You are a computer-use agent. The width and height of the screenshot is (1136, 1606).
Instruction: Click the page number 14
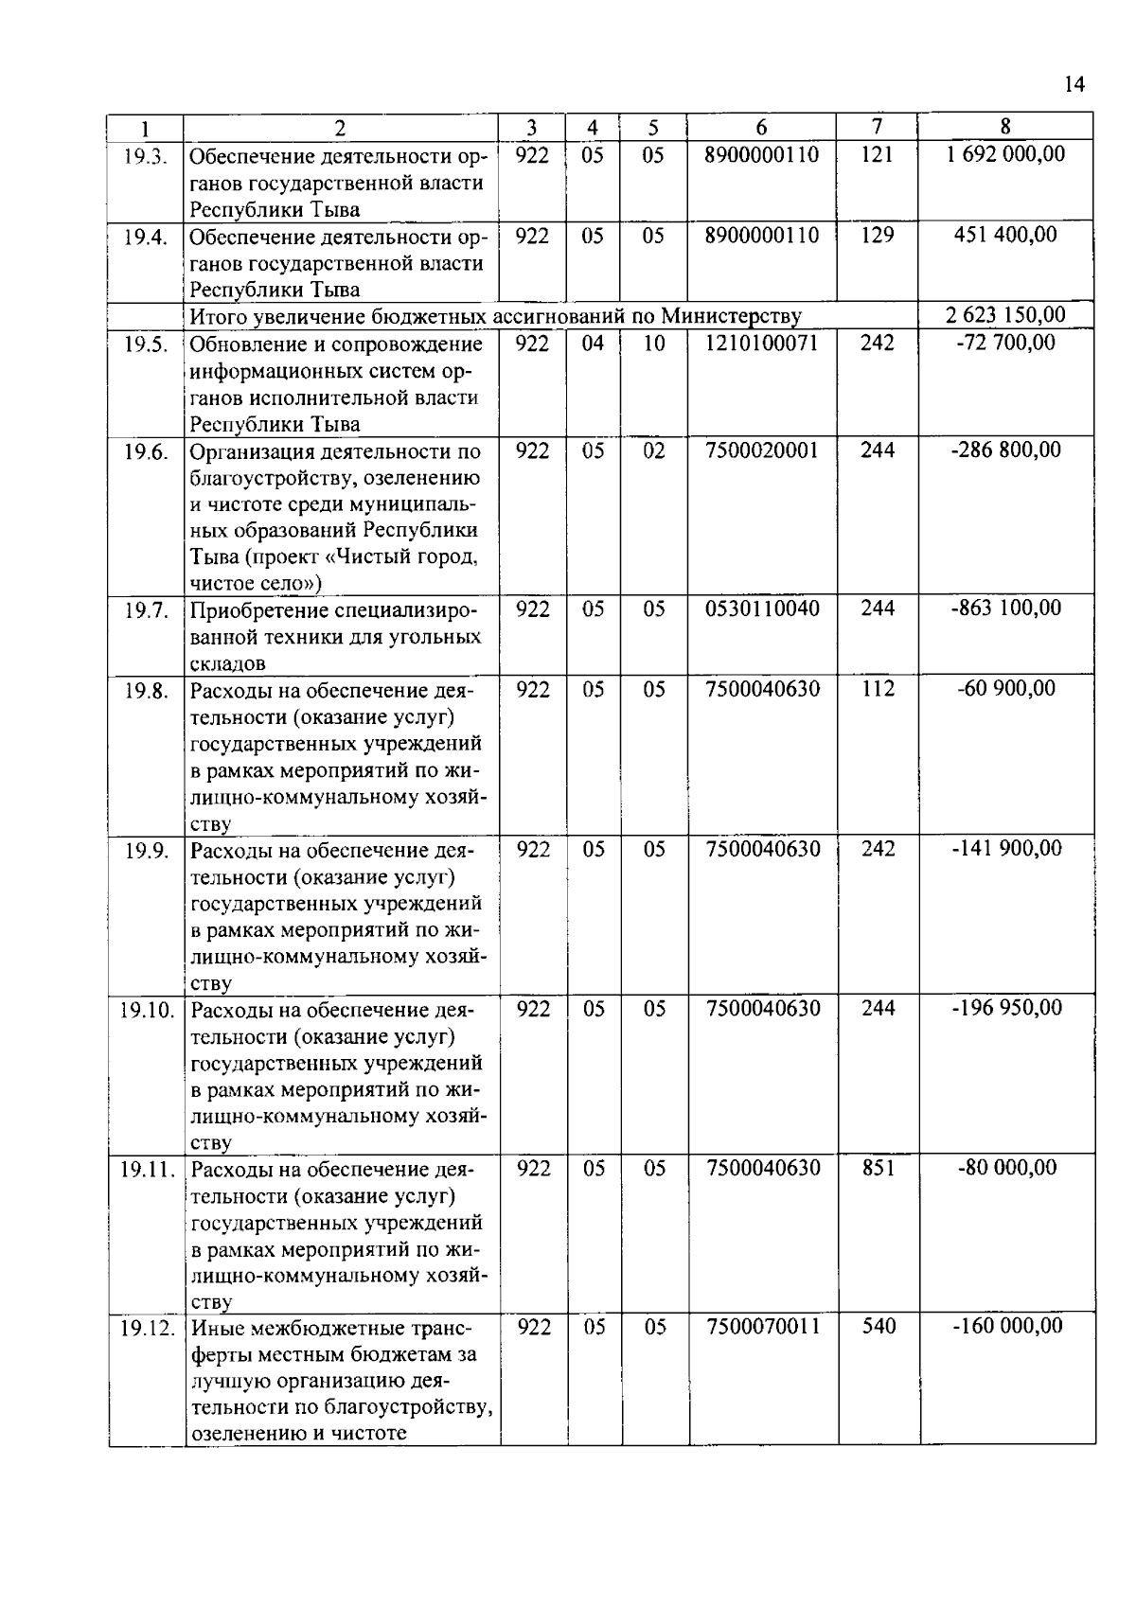pos(1074,84)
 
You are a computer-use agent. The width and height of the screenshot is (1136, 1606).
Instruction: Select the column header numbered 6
pos(761,128)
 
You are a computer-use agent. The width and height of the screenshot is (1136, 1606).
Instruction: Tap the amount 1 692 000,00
pos(1005,154)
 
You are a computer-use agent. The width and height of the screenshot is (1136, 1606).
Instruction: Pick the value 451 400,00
pos(1005,235)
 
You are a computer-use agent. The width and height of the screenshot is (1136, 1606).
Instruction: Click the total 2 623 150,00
pos(1005,315)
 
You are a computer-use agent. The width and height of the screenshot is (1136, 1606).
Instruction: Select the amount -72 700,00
pos(1005,343)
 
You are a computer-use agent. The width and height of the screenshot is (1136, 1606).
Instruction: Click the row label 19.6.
pos(145,451)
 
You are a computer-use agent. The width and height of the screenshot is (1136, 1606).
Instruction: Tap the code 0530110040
pos(762,609)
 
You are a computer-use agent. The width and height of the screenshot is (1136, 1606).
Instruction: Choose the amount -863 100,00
pos(1005,609)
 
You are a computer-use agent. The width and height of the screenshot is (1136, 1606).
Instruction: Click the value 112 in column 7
pos(878,689)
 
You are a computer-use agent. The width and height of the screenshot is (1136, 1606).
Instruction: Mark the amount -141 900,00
pos(1005,849)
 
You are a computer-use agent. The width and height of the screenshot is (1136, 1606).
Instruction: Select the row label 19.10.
pos(147,1010)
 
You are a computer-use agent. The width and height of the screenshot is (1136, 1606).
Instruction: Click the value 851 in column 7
pos(879,1168)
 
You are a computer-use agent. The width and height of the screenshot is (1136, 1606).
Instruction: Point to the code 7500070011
pos(763,1327)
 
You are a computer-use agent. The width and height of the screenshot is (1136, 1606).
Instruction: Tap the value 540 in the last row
pos(879,1327)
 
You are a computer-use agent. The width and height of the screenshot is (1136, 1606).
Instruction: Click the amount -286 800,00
pos(1005,450)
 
